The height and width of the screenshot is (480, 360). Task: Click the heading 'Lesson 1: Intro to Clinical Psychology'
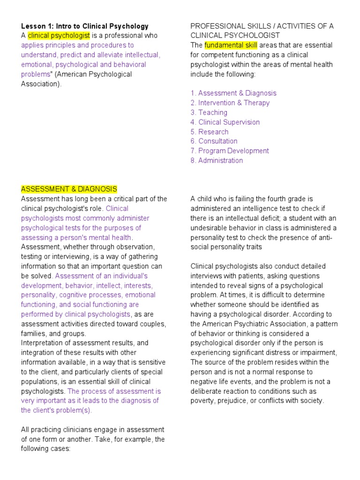point(84,26)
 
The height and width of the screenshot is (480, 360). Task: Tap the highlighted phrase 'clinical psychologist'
point(59,36)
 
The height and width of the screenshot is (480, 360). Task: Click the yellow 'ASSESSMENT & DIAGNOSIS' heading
point(69,189)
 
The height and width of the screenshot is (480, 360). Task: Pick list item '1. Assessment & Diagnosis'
point(233,93)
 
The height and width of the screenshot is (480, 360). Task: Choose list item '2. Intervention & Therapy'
point(230,103)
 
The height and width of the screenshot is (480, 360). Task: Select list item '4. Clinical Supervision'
point(225,122)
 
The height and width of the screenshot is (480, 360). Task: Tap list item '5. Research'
point(210,132)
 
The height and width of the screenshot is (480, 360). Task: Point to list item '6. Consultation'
point(214,141)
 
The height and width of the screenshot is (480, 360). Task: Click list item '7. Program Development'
point(230,151)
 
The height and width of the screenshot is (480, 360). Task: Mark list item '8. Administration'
point(217,160)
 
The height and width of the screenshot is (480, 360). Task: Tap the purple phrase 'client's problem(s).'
point(62,410)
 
